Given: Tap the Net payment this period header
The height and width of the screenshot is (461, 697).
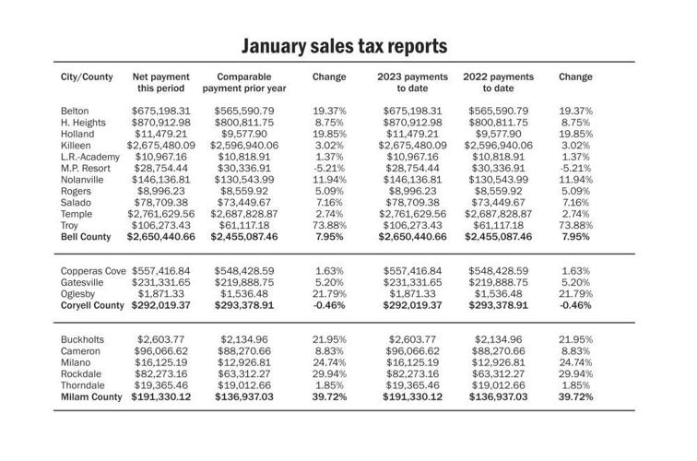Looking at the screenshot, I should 161,83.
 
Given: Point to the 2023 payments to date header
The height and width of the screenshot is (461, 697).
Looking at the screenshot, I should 412,83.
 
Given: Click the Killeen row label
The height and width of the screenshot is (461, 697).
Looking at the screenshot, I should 75,145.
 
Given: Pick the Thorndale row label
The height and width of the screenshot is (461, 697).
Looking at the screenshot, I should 83,384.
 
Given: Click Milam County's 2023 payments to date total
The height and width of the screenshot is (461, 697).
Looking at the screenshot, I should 412,396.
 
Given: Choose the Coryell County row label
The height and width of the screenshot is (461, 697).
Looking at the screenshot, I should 92,305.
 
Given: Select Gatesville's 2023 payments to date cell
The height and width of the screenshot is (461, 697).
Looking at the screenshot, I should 412,282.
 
